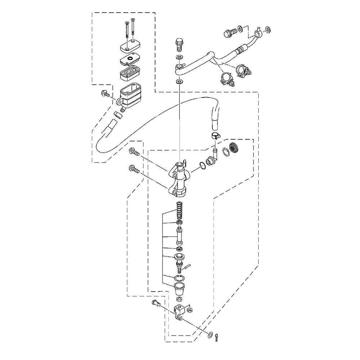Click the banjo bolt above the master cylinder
point(179,45)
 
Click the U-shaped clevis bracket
point(180,311)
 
